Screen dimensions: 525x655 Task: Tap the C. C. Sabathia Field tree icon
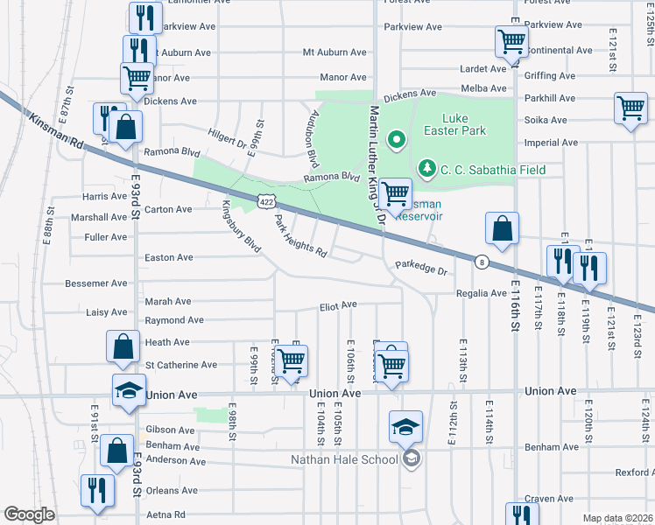pos(426,166)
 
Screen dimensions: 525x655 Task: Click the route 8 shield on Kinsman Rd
pos(481,261)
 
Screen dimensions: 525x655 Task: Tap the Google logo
pos(29,514)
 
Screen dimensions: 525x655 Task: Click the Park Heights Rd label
pos(300,236)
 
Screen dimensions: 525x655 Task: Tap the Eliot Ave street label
pos(337,304)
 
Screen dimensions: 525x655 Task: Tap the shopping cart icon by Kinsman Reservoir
pos(396,192)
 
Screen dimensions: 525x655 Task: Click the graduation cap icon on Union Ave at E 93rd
pos(129,390)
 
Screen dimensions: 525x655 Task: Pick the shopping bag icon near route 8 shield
pos(502,228)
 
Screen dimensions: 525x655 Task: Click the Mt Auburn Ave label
pos(334,52)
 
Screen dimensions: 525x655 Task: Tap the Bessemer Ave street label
pos(96,283)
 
